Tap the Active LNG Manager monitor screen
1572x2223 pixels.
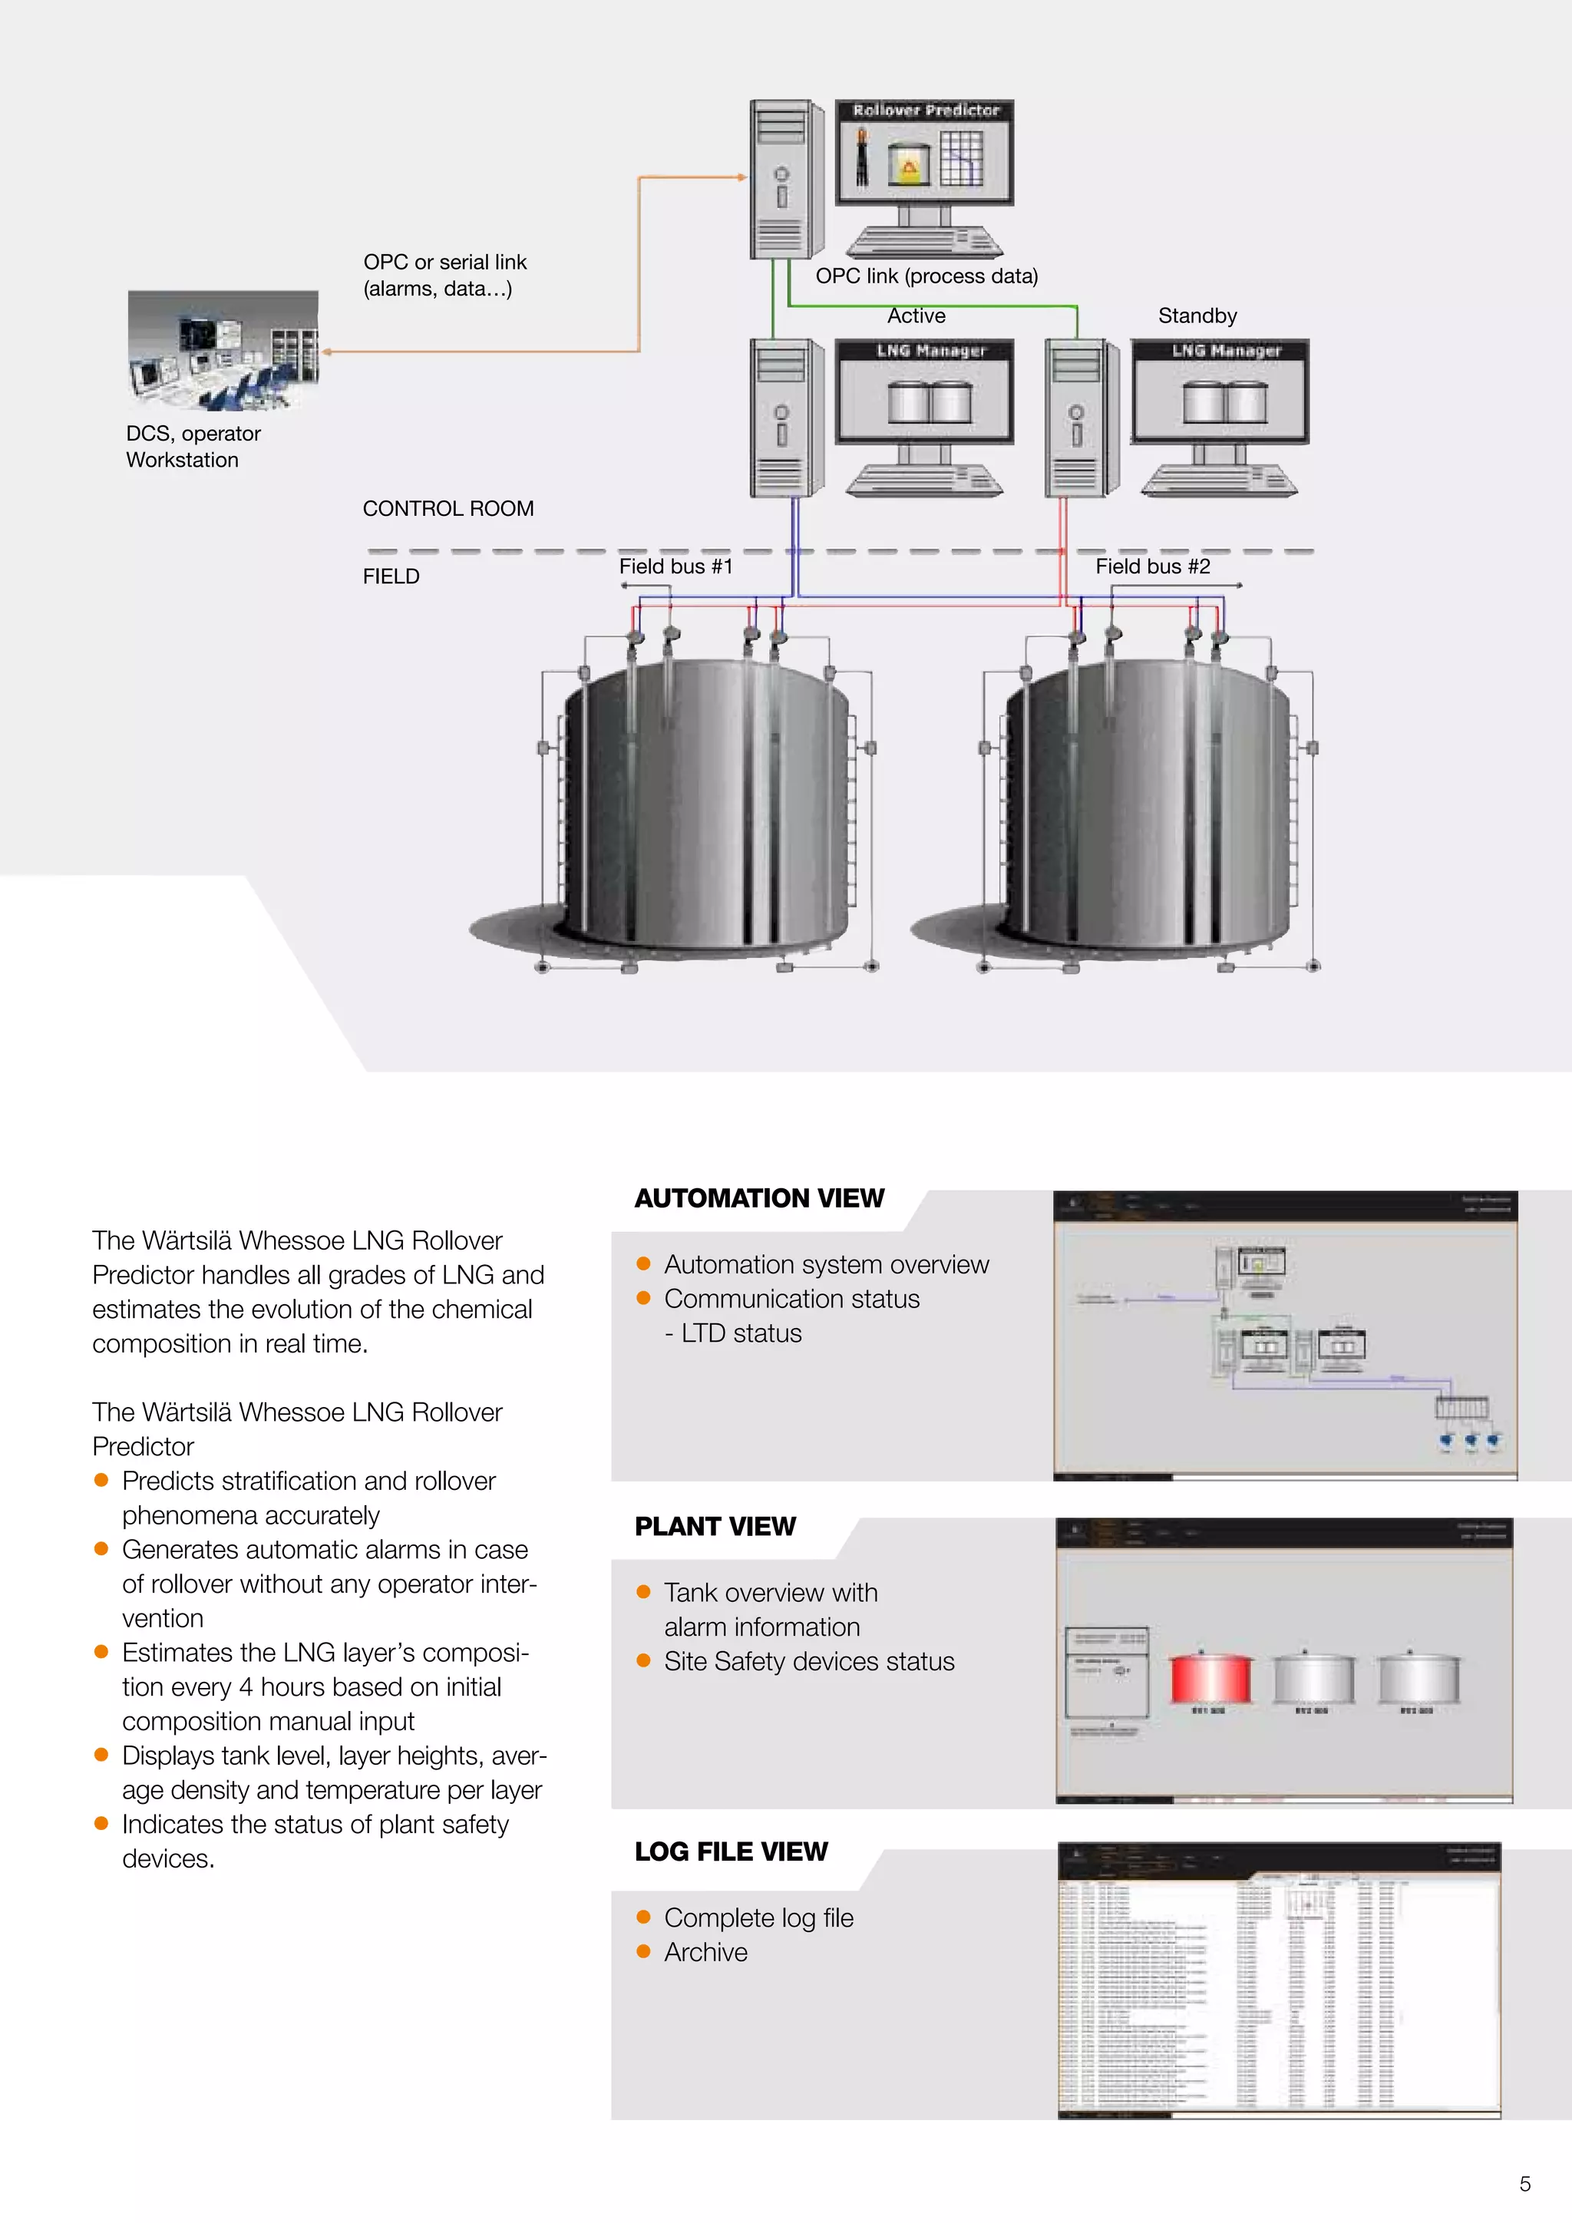[924, 392]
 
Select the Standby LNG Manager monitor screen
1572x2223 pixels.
[1220, 392]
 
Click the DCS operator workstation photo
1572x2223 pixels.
[223, 351]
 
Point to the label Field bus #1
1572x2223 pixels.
[675, 566]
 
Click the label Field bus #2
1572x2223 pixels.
[1152, 566]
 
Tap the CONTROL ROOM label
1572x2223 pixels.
[448, 508]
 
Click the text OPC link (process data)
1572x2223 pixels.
[926, 276]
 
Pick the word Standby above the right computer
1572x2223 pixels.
[1197, 315]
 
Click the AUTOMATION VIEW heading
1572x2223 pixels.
[759, 1199]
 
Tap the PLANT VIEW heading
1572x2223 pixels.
[715, 1527]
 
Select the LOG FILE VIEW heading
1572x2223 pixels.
[731, 1851]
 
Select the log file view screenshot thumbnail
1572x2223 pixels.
[1279, 1980]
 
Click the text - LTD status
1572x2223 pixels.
[733, 1333]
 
